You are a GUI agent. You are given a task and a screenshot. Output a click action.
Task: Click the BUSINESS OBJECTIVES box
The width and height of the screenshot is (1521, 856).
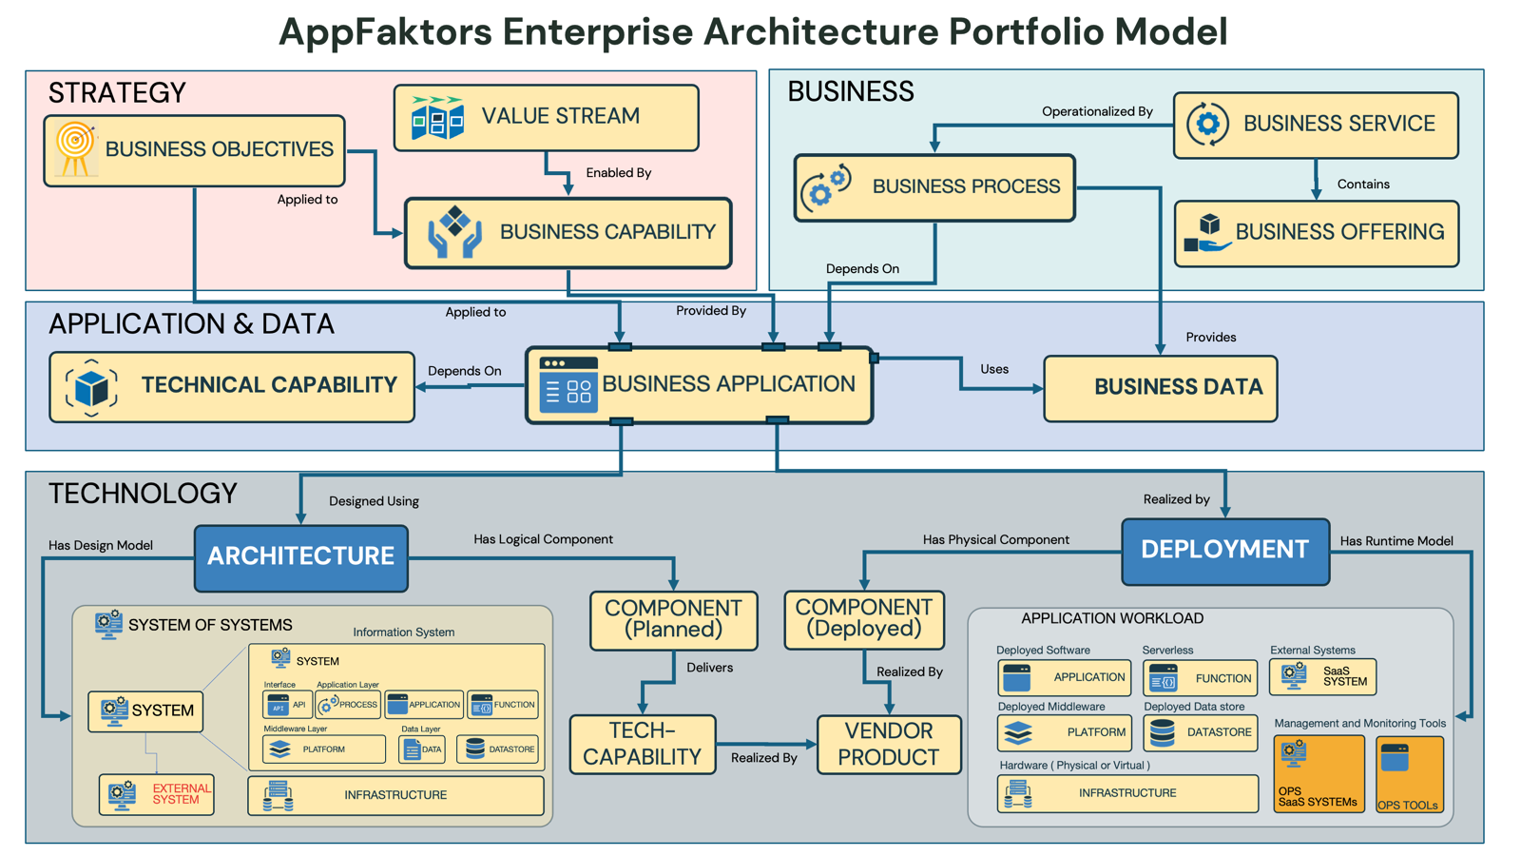coord(194,150)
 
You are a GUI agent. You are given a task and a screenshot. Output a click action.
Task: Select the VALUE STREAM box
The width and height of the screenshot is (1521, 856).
coord(546,117)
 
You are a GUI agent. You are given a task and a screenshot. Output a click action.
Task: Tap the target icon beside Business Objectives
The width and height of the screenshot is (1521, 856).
coord(75,148)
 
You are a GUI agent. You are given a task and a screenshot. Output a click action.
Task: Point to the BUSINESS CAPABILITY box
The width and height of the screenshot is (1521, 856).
coord(568,233)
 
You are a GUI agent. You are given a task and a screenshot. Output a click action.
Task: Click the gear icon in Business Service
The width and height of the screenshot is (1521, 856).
coord(1207,124)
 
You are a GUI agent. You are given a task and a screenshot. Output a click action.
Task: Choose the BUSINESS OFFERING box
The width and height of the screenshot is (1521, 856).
coord(1316,233)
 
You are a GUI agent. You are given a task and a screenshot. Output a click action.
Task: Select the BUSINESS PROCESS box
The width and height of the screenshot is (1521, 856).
coord(934,187)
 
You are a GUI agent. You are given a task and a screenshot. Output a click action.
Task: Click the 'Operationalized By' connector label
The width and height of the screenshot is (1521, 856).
coord(1097,111)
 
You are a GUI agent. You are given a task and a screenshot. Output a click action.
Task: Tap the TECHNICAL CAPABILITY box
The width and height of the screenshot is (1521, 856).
coord(232,386)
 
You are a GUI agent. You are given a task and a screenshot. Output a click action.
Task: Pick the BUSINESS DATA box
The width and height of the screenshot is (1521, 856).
coord(1160,388)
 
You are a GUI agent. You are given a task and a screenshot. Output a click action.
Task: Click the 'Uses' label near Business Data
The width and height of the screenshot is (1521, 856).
coord(994,369)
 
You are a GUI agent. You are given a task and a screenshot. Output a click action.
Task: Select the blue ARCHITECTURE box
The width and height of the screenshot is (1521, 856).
coord(301,557)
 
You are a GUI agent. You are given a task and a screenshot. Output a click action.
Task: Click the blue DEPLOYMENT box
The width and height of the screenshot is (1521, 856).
coord(1224,551)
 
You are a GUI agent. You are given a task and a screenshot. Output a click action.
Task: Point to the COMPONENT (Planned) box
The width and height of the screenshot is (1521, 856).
coord(673,620)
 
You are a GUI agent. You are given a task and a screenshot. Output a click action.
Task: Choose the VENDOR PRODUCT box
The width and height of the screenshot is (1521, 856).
coord(889,745)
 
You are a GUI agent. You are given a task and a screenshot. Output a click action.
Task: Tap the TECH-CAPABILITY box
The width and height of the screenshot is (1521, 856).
coord(643,745)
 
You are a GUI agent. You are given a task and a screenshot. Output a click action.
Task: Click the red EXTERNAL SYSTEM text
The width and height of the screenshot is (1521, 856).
coord(182,794)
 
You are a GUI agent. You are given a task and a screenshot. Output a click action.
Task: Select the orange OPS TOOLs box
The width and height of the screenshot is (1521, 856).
coord(1409,774)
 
